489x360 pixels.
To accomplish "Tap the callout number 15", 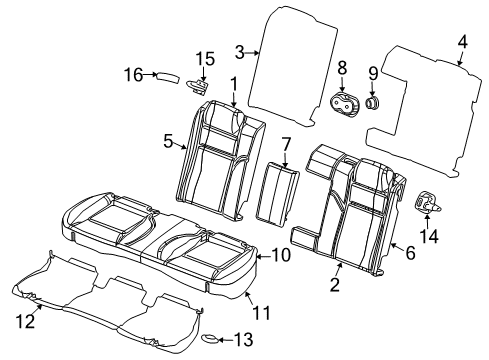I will tap(204, 58).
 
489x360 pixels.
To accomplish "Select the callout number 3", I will tap(239, 52).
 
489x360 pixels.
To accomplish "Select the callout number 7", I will tap(285, 145).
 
